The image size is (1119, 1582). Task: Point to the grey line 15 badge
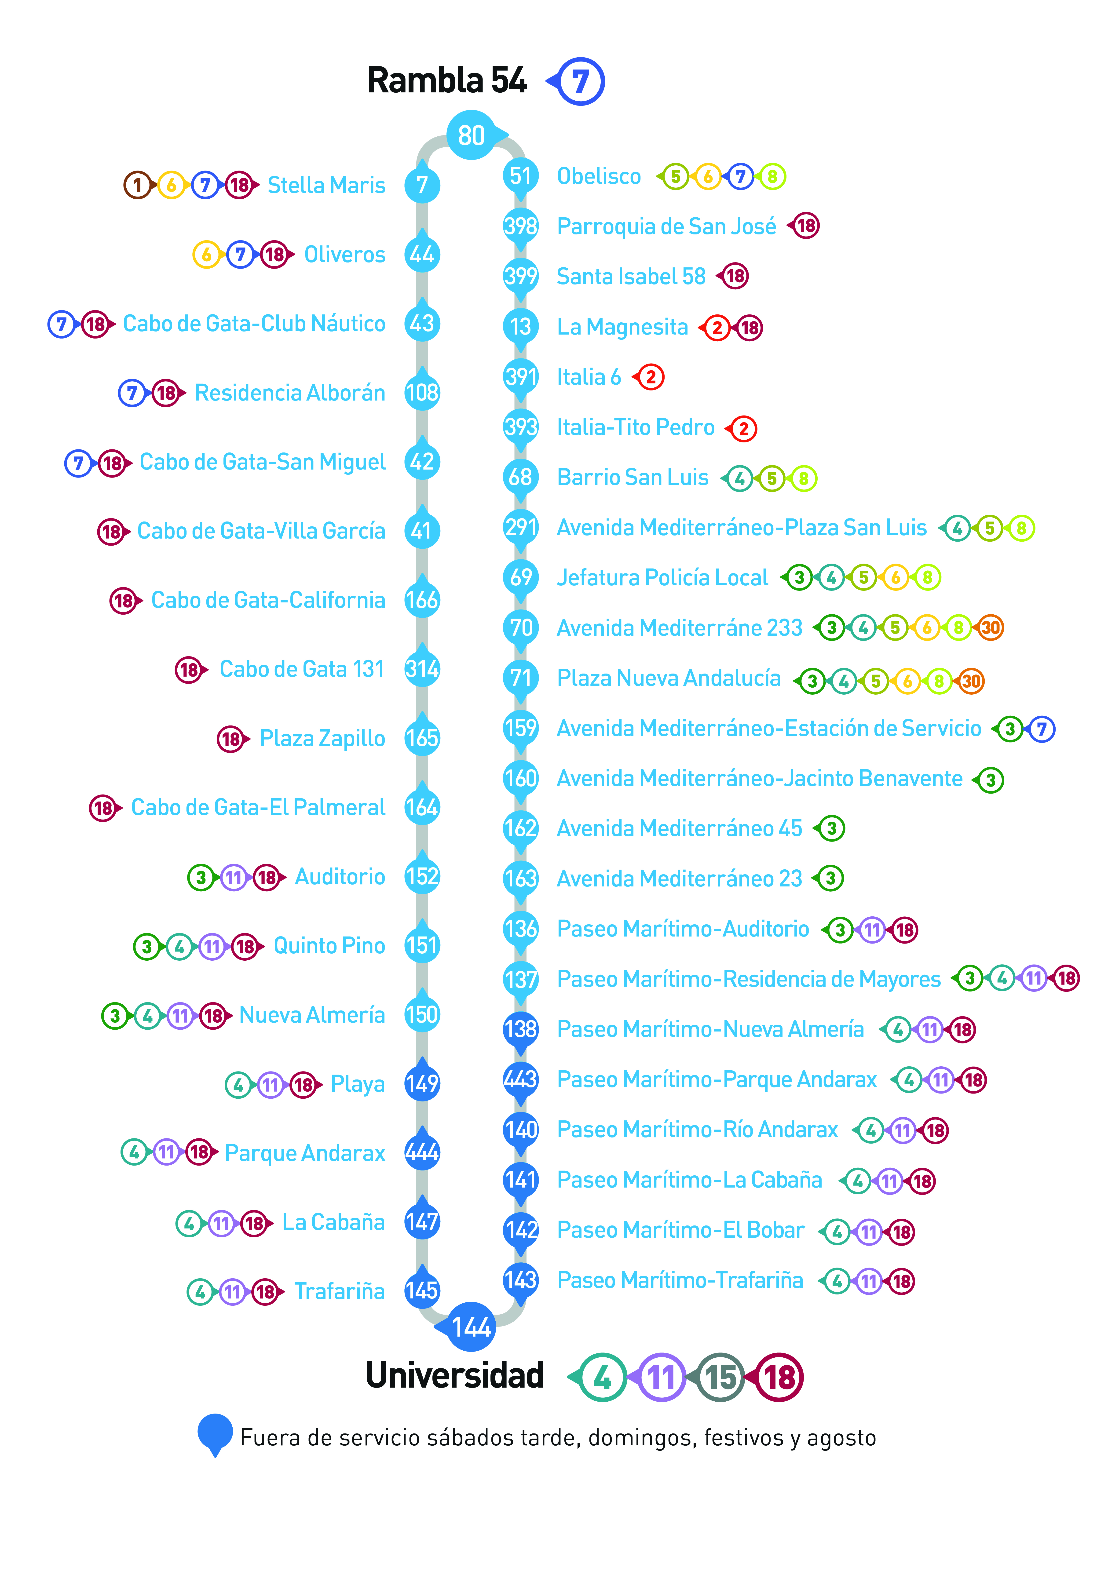coord(720,1377)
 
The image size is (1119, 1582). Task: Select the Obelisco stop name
coord(599,176)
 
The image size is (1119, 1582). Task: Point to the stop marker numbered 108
coord(422,392)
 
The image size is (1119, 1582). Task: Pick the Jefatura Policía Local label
coord(662,577)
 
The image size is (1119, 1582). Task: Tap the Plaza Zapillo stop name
coord(322,739)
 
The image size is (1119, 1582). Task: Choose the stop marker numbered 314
coord(422,668)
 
